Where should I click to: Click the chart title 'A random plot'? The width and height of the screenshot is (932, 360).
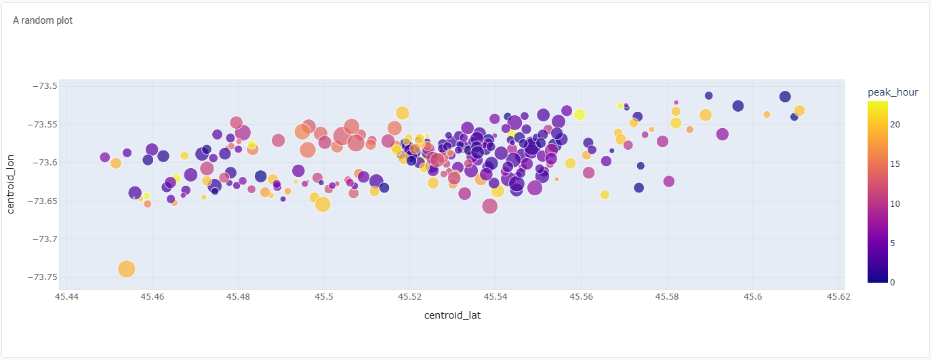tap(43, 20)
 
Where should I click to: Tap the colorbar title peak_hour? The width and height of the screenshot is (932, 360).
tap(893, 92)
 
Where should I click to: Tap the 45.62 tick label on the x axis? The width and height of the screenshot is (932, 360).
tap(838, 297)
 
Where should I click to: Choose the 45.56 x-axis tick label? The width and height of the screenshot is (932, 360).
tap(581, 297)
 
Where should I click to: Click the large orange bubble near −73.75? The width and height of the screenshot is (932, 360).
tap(127, 269)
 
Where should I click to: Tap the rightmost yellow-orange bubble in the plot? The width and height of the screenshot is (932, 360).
tap(799, 111)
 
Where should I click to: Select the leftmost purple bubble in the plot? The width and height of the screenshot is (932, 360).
tap(104, 157)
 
